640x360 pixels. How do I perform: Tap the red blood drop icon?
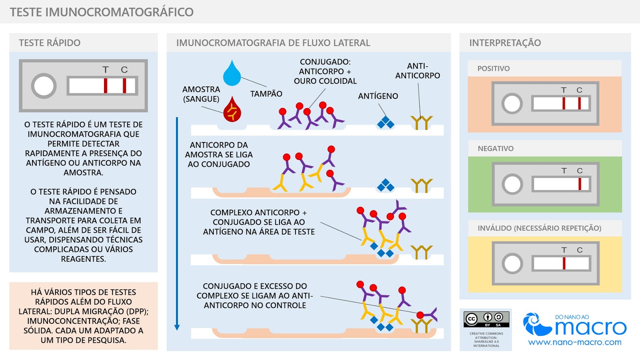pyautogui.click(x=232, y=110)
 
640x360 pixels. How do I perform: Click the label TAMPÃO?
pyautogui.click(x=266, y=94)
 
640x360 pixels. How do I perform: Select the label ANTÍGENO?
pyautogui.click(x=378, y=96)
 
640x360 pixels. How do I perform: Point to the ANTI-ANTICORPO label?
pyautogui.click(x=417, y=71)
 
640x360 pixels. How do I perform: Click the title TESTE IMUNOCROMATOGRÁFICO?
pyautogui.click(x=102, y=12)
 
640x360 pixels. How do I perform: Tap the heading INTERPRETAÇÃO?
pyautogui.click(x=505, y=43)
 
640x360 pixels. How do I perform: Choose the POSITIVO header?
pyautogui.click(x=493, y=68)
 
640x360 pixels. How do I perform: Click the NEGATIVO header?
pyautogui.click(x=495, y=148)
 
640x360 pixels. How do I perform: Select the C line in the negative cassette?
pyautogui.click(x=580, y=184)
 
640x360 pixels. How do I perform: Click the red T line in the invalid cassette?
pyautogui.click(x=564, y=264)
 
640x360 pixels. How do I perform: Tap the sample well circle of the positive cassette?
pyautogui.click(x=512, y=104)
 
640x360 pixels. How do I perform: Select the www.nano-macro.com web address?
pyautogui.click(x=574, y=342)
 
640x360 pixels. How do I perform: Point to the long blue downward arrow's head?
pyautogui.click(x=177, y=327)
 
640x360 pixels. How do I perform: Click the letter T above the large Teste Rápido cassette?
pyautogui.click(x=105, y=70)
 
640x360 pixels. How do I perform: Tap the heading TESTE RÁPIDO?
pyautogui.click(x=50, y=43)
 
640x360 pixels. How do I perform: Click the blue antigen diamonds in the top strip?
pyautogui.click(x=386, y=122)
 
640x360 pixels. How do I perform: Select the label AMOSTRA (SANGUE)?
pyautogui.click(x=201, y=94)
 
